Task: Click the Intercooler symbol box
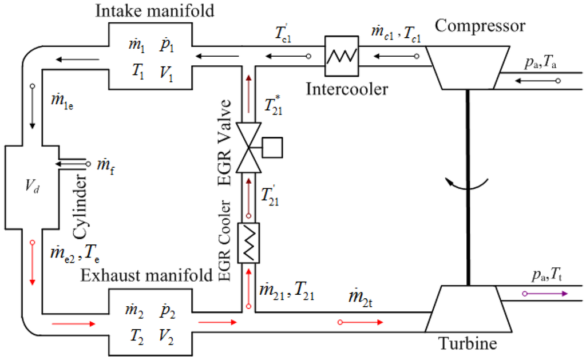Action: point(341,56)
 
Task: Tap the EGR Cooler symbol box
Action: point(248,243)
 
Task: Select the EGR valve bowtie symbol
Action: point(248,148)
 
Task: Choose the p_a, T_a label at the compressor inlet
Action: point(541,62)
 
